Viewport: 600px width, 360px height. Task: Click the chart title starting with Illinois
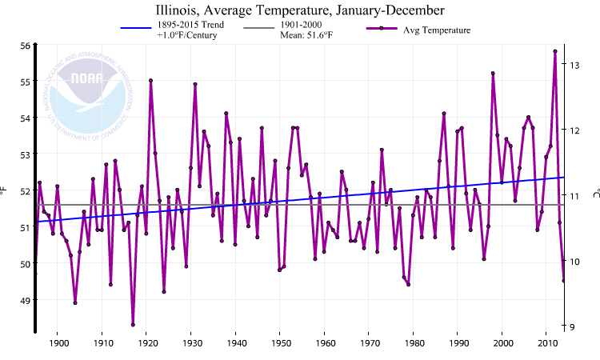click(300, 10)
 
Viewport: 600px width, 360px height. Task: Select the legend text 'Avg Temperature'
click(437, 30)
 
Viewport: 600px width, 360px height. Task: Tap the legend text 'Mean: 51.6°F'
click(306, 35)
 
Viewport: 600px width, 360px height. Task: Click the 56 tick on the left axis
click(24, 46)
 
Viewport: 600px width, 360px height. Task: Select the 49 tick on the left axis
click(24, 300)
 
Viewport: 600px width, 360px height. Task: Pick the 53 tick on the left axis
click(24, 154)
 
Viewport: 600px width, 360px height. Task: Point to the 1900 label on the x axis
click(58, 344)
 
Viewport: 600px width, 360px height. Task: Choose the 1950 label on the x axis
click(280, 344)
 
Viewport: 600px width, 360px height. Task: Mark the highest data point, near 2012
click(555, 51)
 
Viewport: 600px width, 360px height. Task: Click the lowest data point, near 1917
click(133, 325)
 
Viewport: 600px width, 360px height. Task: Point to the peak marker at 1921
click(150, 80)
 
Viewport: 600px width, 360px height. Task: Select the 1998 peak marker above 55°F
click(493, 73)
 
